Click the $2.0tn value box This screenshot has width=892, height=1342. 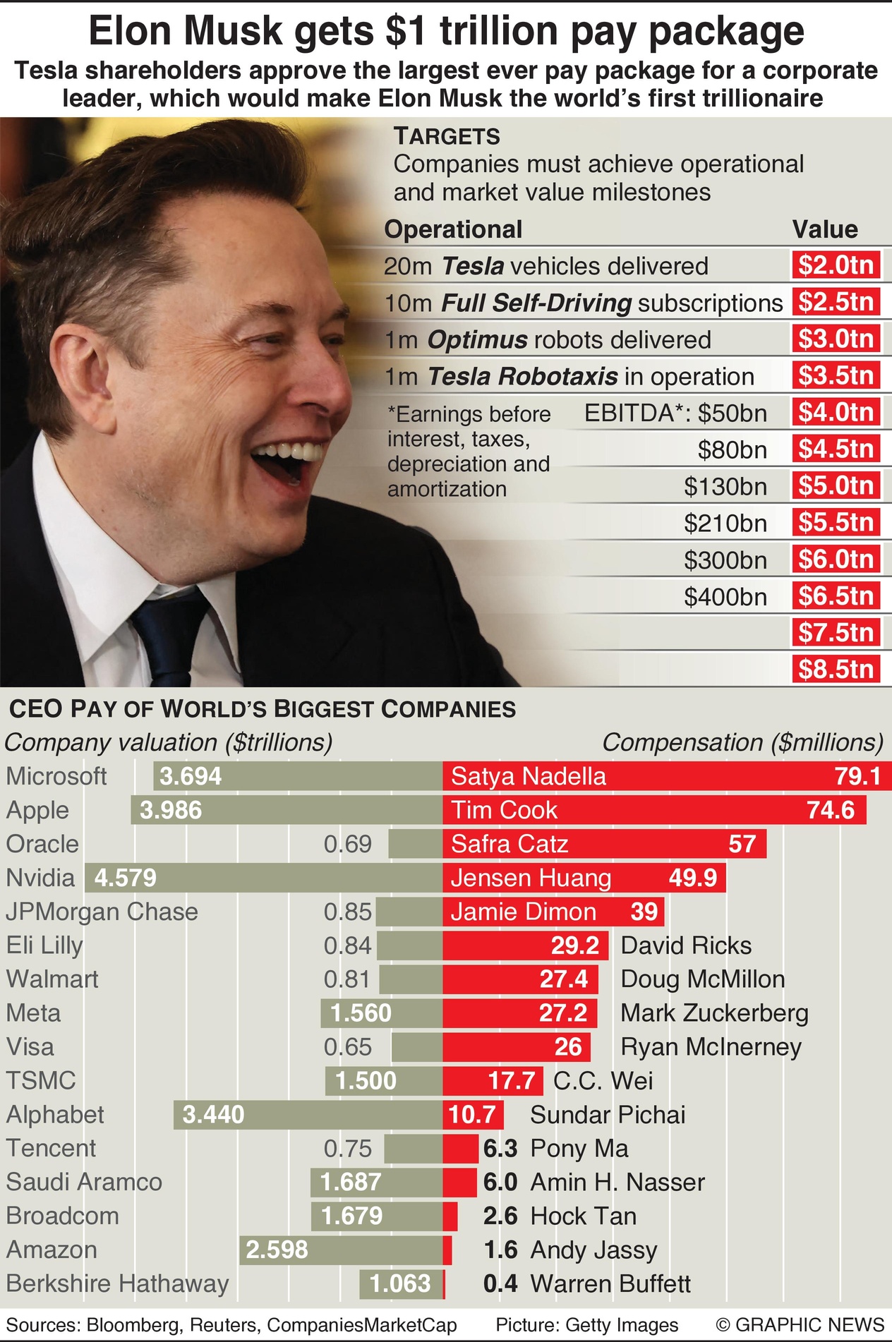tap(836, 265)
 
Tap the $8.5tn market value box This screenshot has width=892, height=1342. tap(836, 669)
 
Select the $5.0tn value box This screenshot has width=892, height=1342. tap(836, 485)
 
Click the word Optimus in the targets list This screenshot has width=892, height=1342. tap(477, 340)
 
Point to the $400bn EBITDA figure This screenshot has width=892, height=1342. tap(725, 597)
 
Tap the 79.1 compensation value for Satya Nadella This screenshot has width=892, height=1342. tap(857, 776)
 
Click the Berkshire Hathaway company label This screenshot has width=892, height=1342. tap(117, 1283)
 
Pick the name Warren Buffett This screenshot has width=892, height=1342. tap(610, 1283)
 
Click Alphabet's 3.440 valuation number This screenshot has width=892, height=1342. tap(213, 1115)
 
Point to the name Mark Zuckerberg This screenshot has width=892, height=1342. tap(714, 1013)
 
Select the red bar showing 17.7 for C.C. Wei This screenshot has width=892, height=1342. tap(493, 1081)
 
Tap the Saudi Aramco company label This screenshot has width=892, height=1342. tap(84, 1182)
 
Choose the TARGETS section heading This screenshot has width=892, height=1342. tap(447, 136)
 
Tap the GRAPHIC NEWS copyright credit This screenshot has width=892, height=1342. tap(800, 1325)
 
